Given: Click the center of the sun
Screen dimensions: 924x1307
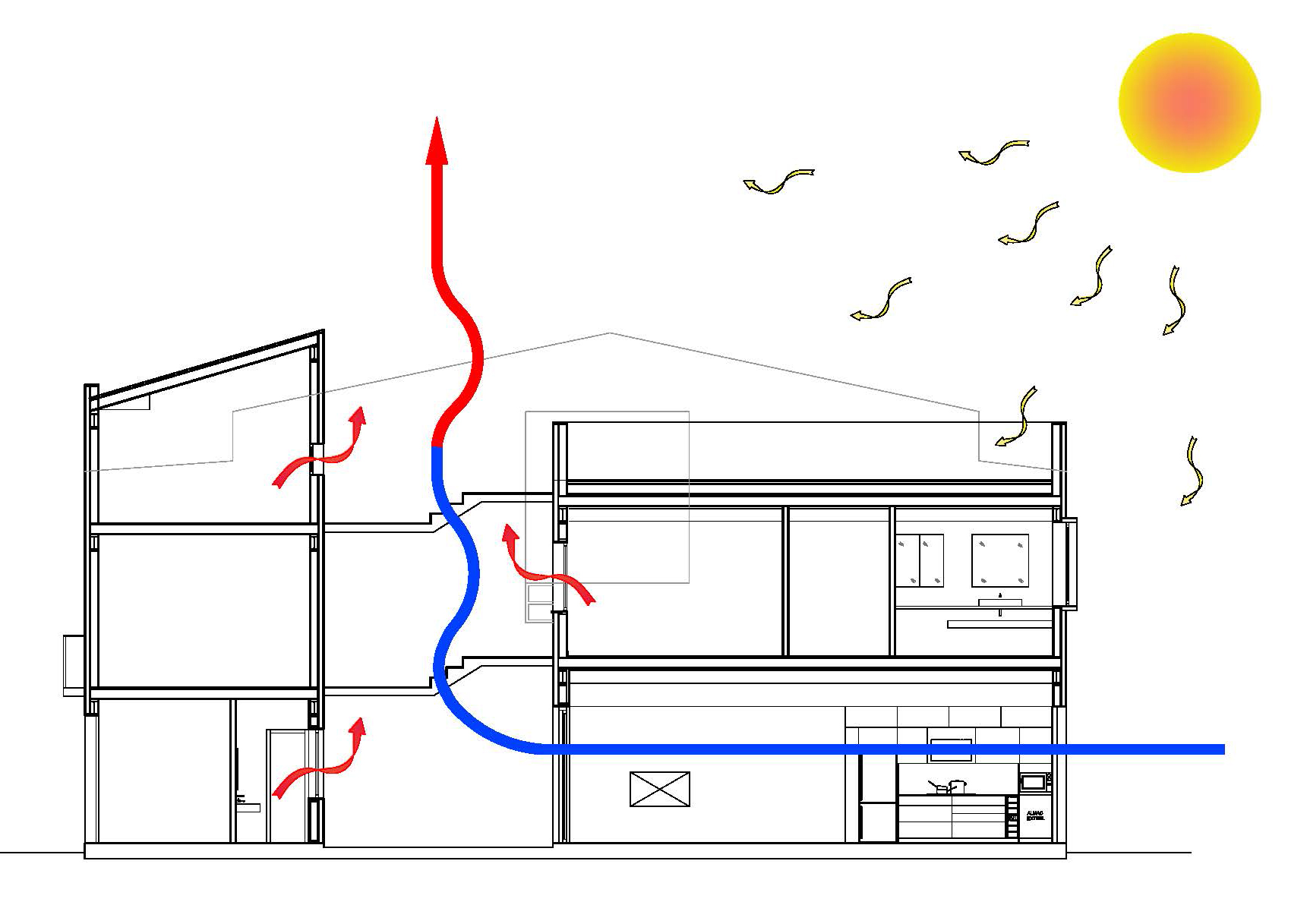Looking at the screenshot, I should (x=1189, y=102).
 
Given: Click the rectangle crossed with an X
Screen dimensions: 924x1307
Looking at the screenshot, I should (x=660, y=789).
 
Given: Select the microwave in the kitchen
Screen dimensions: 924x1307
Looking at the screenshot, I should (x=1032, y=781).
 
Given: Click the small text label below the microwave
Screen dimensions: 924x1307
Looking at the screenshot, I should (x=1034, y=815).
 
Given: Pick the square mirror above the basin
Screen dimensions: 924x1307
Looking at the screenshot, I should (x=1000, y=560).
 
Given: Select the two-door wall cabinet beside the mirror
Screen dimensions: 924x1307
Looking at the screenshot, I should (x=920, y=560).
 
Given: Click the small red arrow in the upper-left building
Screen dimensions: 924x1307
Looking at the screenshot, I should (x=319, y=448).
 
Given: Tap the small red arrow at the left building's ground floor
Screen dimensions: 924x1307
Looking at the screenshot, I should (x=319, y=759).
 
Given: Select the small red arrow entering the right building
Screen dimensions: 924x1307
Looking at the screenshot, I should (x=547, y=566).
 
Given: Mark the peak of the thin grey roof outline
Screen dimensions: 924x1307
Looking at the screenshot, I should (x=609, y=333).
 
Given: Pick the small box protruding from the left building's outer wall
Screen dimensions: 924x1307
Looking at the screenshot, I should (x=74, y=665).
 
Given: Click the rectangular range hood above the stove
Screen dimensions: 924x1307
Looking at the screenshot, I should (x=951, y=749).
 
